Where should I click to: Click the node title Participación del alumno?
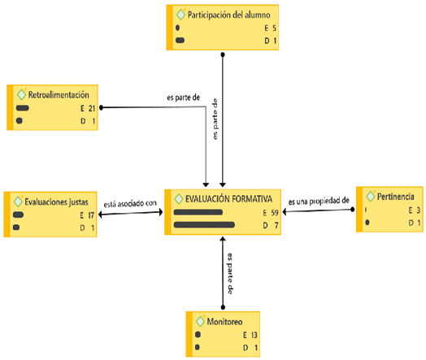coord(228,14)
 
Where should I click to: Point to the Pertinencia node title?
coord(394,196)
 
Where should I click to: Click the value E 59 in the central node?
coord(270,213)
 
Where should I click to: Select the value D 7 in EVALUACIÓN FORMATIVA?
coord(271,224)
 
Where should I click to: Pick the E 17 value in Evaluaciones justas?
coord(88,215)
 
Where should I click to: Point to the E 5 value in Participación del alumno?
coord(270,28)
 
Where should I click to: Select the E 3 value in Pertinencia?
coord(413,210)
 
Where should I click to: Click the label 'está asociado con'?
coord(130,204)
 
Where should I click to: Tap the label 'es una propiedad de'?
coord(319,200)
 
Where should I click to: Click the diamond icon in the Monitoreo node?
coord(200,320)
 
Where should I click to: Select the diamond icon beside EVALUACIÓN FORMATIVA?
coord(178,197)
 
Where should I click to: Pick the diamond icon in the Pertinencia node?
coord(372,196)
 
